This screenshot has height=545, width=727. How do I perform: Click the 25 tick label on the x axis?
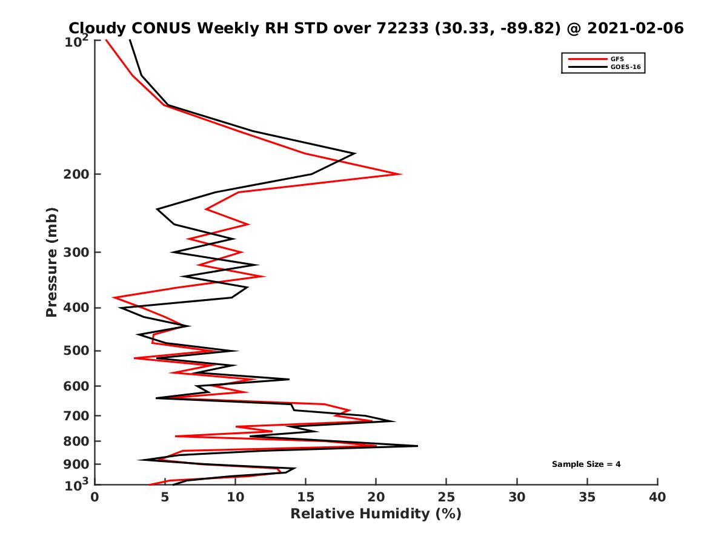tap(446, 497)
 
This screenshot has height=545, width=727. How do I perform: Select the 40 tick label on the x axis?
tap(657, 497)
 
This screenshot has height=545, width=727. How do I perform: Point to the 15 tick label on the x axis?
tap(306, 497)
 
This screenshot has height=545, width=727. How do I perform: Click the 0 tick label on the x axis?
tap(95, 497)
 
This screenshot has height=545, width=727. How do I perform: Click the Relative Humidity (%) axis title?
tap(376, 514)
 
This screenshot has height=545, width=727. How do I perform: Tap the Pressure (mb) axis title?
tap(51, 262)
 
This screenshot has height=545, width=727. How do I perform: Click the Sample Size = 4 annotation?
tap(586, 464)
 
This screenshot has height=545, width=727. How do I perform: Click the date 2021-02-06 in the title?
tap(629, 28)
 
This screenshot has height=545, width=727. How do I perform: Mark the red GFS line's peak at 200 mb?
tap(400, 174)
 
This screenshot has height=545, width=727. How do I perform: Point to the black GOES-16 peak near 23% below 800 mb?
tap(417, 446)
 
